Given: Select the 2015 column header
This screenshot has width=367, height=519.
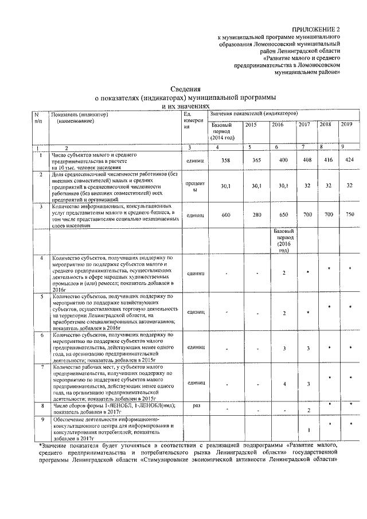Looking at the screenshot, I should [251, 125].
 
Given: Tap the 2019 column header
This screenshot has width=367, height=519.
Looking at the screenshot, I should [346, 124].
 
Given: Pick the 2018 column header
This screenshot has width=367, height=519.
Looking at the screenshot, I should [325, 124].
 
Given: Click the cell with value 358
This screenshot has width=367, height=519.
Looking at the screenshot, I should [225, 160].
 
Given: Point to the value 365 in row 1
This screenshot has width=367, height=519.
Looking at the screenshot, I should [256, 160].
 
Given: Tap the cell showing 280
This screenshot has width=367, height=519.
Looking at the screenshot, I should [256, 213].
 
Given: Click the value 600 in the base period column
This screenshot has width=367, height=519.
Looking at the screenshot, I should [225, 213].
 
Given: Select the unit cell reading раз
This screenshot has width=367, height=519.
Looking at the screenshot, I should [196, 406].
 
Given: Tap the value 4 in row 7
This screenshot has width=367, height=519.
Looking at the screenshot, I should [284, 383].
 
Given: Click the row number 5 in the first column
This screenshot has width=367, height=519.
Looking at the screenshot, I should [41, 297].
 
